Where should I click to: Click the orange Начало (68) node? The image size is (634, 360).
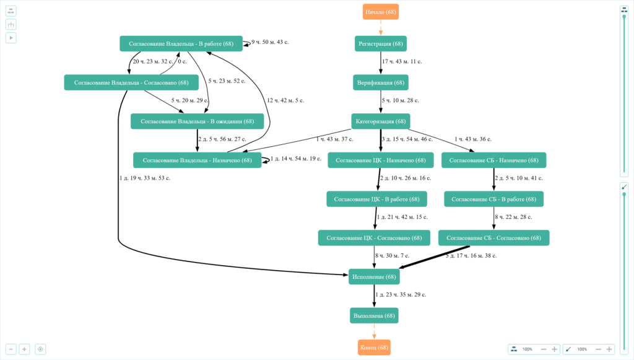click(380, 12)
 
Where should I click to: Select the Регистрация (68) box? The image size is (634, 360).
click(381, 44)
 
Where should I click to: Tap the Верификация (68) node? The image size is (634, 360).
click(381, 82)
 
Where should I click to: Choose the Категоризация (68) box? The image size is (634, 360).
click(381, 121)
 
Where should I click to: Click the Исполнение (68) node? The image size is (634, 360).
click(373, 277)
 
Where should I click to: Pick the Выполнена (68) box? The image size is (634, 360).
click(373, 316)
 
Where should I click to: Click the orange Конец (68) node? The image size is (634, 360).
click(374, 348)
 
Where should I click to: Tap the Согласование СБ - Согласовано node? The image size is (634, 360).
click(493, 238)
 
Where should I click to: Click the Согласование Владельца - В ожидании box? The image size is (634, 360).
click(197, 121)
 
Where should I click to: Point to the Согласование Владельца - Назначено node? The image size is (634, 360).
click(197, 160)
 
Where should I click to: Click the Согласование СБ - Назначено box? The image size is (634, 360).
click(493, 160)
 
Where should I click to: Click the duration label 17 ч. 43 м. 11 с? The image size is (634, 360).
click(402, 61)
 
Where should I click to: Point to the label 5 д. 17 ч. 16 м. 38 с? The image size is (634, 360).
click(471, 255)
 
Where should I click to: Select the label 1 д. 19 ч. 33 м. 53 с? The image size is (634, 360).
click(145, 178)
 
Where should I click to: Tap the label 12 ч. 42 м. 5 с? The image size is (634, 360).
click(285, 100)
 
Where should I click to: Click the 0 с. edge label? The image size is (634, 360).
click(182, 61)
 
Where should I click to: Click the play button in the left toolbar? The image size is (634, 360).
click(11, 38)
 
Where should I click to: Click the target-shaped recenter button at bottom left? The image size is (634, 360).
click(41, 349)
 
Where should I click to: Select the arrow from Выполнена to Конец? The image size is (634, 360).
click(374, 331)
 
